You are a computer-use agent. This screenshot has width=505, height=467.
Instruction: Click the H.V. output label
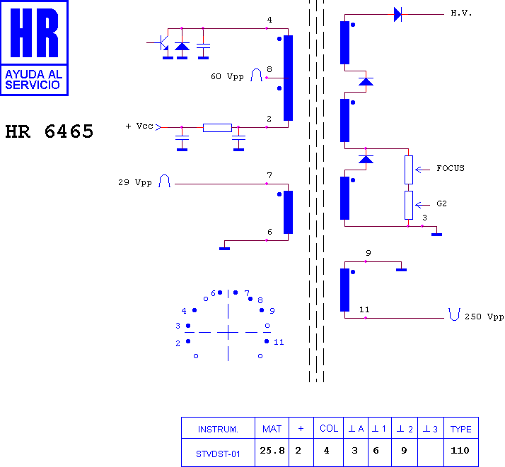[x=461, y=13]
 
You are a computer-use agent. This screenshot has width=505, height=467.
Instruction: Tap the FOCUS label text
[x=451, y=168]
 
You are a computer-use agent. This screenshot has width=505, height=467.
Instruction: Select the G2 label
[x=441, y=203]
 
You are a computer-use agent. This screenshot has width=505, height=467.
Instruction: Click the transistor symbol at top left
[x=163, y=43]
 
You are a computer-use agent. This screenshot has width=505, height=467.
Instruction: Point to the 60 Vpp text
[x=227, y=76]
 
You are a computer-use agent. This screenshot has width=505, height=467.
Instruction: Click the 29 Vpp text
[x=134, y=183]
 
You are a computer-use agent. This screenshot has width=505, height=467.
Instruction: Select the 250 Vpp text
[x=484, y=317]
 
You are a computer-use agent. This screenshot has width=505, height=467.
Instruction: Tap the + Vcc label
[x=139, y=126]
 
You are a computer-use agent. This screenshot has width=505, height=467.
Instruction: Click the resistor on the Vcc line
[x=217, y=128]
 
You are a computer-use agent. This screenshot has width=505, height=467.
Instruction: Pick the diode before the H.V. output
[x=397, y=14]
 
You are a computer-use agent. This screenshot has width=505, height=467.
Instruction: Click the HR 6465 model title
[x=50, y=131]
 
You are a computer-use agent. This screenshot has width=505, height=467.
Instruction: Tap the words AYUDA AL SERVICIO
[x=33, y=79]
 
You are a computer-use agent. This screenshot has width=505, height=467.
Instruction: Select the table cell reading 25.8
[x=272, y=451]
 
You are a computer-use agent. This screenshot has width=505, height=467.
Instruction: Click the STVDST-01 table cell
[x=218, y=454]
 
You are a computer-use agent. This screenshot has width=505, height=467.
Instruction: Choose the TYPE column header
[x=461, y=429]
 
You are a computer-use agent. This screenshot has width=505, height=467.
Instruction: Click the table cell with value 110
[x=460, y=450]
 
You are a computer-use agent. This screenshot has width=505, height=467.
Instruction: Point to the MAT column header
[x=272, y=429]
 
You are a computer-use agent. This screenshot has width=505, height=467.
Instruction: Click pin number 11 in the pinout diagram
[x=279, y=342]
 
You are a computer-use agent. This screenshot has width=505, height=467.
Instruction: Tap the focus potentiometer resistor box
[x=409, y=170]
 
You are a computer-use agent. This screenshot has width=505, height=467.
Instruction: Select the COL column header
[x=329, y=428]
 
